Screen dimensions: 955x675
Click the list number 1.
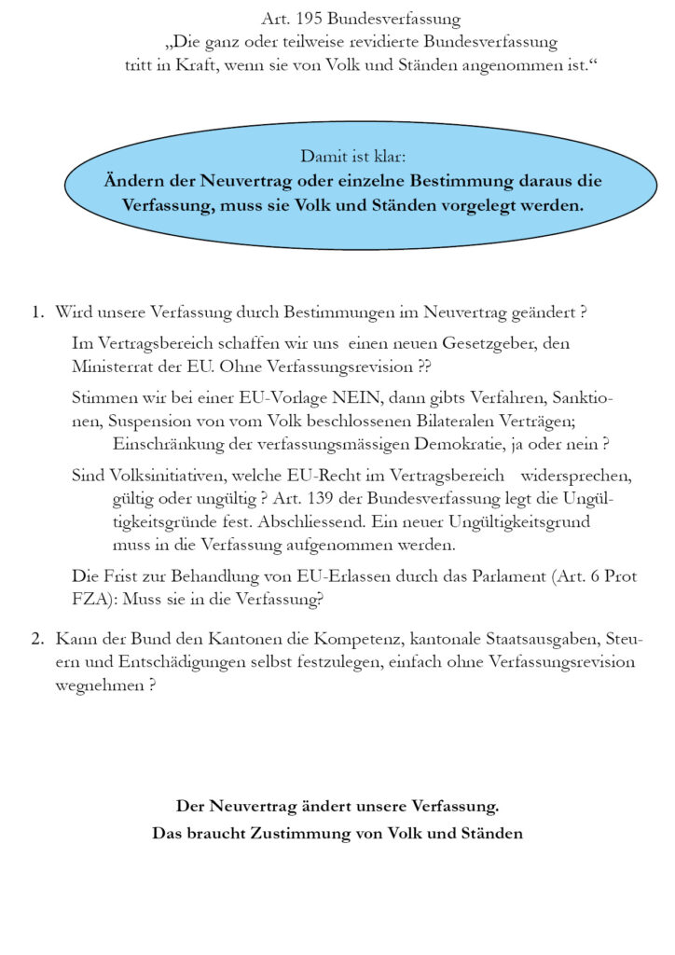coord(37,311)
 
